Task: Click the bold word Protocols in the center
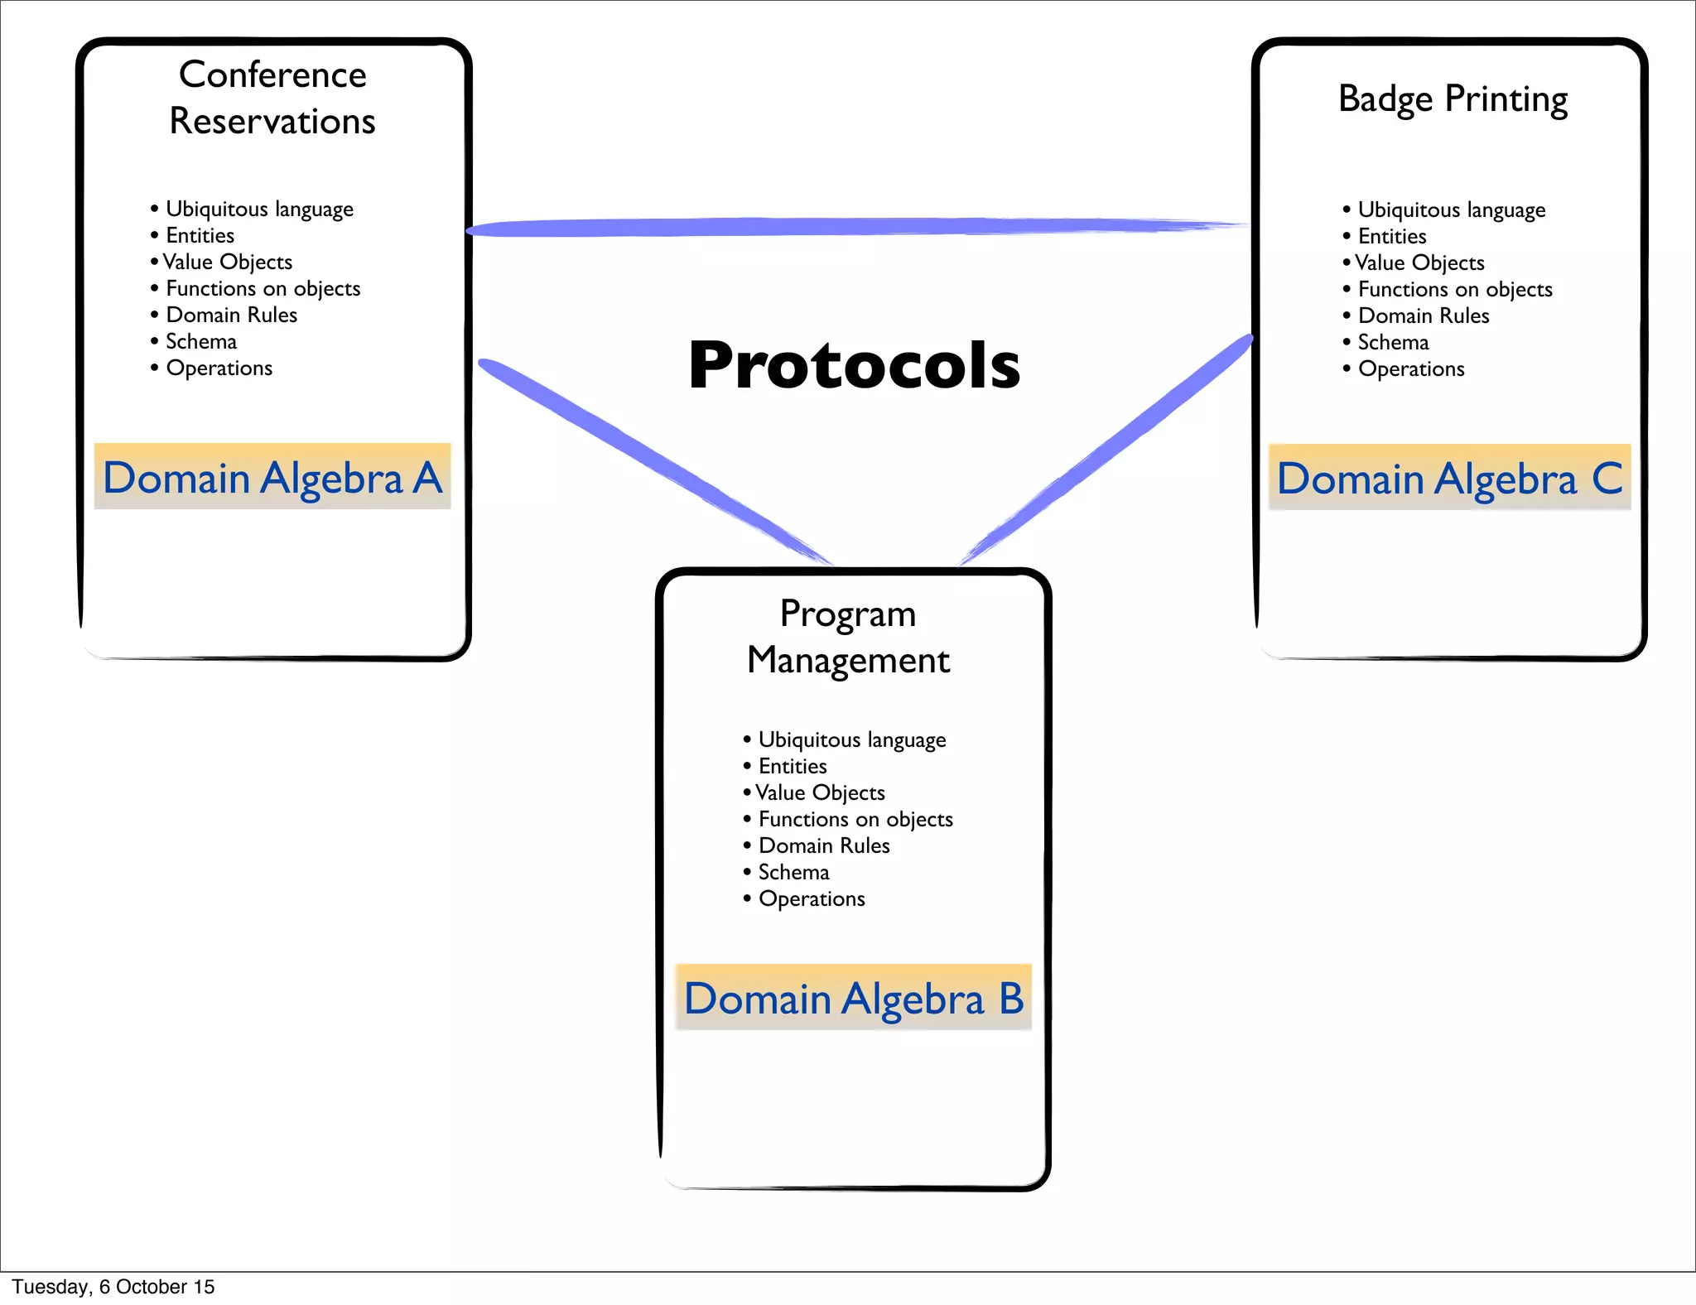pos(854,365)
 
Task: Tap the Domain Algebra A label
pos(272,478)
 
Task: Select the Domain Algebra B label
pos(854,998)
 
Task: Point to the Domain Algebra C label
pos(1449,479)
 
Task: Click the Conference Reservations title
pos(272,98)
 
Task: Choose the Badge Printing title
pos(1453,99)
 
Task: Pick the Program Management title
pos(849,637)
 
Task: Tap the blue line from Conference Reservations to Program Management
pos(654,460)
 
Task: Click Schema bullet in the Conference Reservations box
pos(200,341)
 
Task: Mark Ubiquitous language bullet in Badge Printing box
pos(1451,210)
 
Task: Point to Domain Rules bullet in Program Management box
pos(824,845)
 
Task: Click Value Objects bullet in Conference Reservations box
pos(227,262)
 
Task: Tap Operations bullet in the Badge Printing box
pos(1411,369)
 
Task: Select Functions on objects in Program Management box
pos(855,819)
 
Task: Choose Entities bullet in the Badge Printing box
pos(1392,237)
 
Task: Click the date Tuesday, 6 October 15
pos(113,1287)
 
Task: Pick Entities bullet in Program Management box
pos(793,766)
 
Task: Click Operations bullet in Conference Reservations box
pos(219,368)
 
